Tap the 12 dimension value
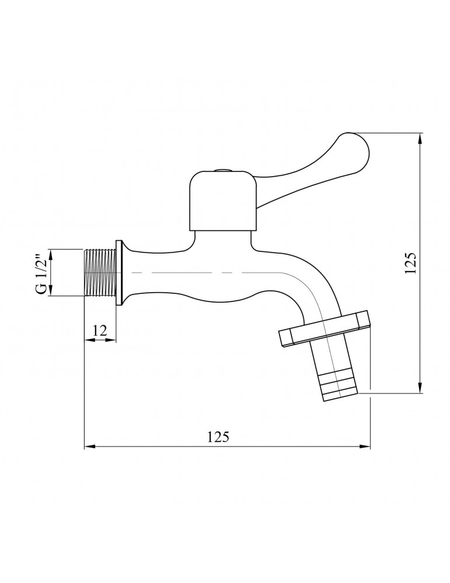click(x=100, y=329)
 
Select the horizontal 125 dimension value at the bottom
click(x=218, y=437)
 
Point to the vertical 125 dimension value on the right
click(x=410, y=264)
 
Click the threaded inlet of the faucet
click(x=100, y=273)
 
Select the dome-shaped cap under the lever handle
click(x=222, y=200)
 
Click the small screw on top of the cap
click(x=222, y=171)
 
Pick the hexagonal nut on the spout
click(x=326, y=330)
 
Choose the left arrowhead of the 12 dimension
click(x=88, y=340)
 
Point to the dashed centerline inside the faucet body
click(x=204, y=273)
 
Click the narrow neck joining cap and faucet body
click(x=222, y=238)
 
